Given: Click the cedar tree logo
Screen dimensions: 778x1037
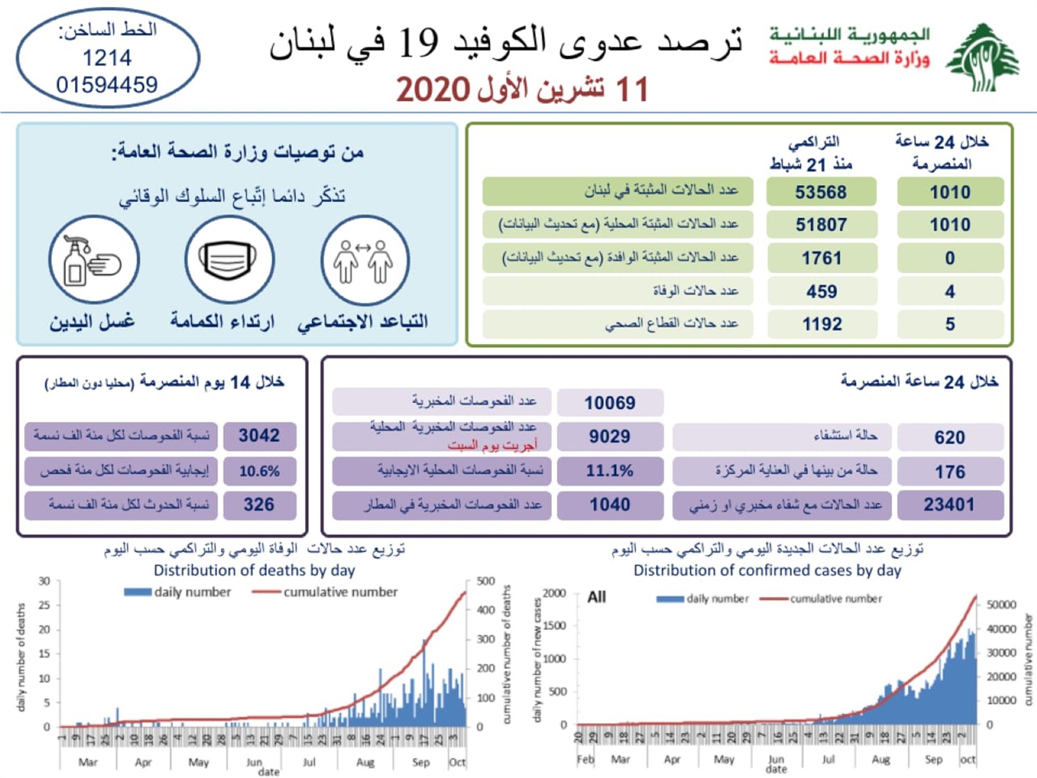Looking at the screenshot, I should click(x=982, y=58).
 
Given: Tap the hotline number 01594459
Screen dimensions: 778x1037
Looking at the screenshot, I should click(x=107, y=85).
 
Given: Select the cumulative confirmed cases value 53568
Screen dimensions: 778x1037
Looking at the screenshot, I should click(x=821, y=192).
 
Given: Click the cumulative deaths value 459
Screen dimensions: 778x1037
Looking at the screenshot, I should click(x=821, y=291).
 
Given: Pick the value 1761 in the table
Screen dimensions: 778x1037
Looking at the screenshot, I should click(x=821, y=258).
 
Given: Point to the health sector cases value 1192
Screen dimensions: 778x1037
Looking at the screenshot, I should click(x=822, y=324).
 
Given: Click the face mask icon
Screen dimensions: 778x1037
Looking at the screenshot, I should click(x=229, y=259).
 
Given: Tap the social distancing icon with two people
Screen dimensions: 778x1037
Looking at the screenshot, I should click(x=365, y=260).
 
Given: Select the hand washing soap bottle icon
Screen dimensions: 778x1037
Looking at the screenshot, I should click(x=93, y=260).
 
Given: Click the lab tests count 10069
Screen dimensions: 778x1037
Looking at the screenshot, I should click(x=610, y=403).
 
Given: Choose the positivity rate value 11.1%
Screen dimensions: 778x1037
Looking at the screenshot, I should click(x=610, y=471).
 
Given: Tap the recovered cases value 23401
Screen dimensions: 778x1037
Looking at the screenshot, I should click(x=949, y=505).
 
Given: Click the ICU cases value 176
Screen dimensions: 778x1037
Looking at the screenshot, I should click(x=950, y=472).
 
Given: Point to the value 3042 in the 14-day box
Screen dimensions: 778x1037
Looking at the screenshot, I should click(x=259, y=436).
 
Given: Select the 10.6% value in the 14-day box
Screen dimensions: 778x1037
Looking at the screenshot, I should click(x=259, y=471).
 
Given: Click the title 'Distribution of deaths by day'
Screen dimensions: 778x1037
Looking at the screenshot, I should click(x=254, y=571).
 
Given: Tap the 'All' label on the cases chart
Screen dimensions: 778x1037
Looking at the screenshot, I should click(x=596, y=598).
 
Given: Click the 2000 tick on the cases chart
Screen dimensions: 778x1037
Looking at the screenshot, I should click(x=554, y=593).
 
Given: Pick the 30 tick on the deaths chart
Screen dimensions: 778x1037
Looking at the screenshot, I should click(x=44, y=581).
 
